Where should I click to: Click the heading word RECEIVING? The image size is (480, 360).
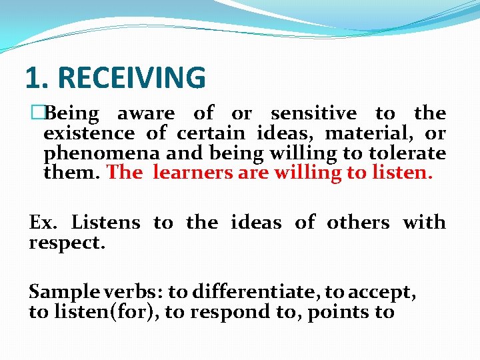pyautogui.click(x=132, y=78)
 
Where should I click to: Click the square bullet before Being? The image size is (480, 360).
pyautogui.click(x=36, y=114)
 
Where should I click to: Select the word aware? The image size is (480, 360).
pyautogui.click(x=146, y=114)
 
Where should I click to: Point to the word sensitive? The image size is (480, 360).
pyautogui.click(x=313, y=114)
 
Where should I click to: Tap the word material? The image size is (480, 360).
pyautogui.click(x=343, y=134)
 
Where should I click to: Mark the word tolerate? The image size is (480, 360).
pyautogui.click(x=406, y=153)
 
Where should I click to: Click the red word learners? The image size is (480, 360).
pyautogui.click(x=191, y=173)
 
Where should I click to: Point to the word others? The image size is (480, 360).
pyautogui.click(x=358, y=222)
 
